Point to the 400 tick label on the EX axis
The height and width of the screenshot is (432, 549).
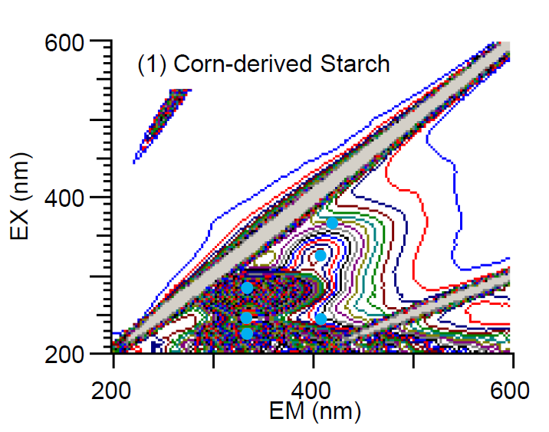click(x=76, y=198)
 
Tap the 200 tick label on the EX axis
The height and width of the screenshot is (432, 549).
click(x=76, y=354)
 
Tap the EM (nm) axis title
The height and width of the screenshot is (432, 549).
click(x=314, y=411)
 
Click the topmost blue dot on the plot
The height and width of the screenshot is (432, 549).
click(x=332, y=223)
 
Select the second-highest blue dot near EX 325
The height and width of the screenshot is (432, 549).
click(x=321, y=255)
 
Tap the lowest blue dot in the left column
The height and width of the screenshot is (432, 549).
click(x=247, y=333)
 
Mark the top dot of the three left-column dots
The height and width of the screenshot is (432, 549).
click(x=247, y=288)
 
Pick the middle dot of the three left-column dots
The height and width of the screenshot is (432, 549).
click(x=246, y=318)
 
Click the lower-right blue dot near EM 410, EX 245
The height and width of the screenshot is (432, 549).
click(x=321, y=319)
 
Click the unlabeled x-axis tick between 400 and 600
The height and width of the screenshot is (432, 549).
click(x=413, y=358)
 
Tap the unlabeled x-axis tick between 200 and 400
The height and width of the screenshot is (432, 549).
click(x=213, y=358)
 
